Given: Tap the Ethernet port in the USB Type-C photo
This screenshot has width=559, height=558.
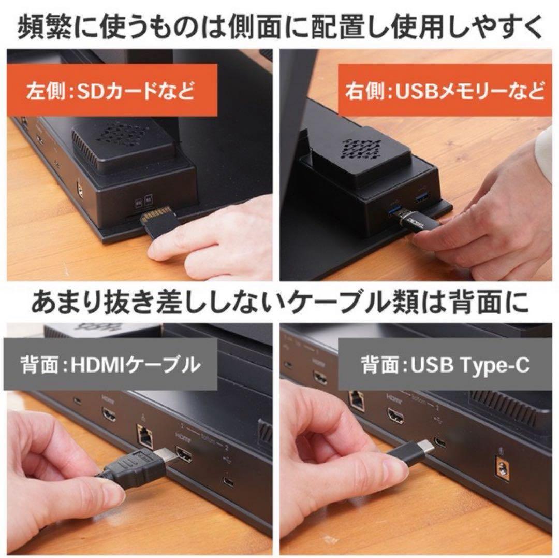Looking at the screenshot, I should point(357,398).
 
